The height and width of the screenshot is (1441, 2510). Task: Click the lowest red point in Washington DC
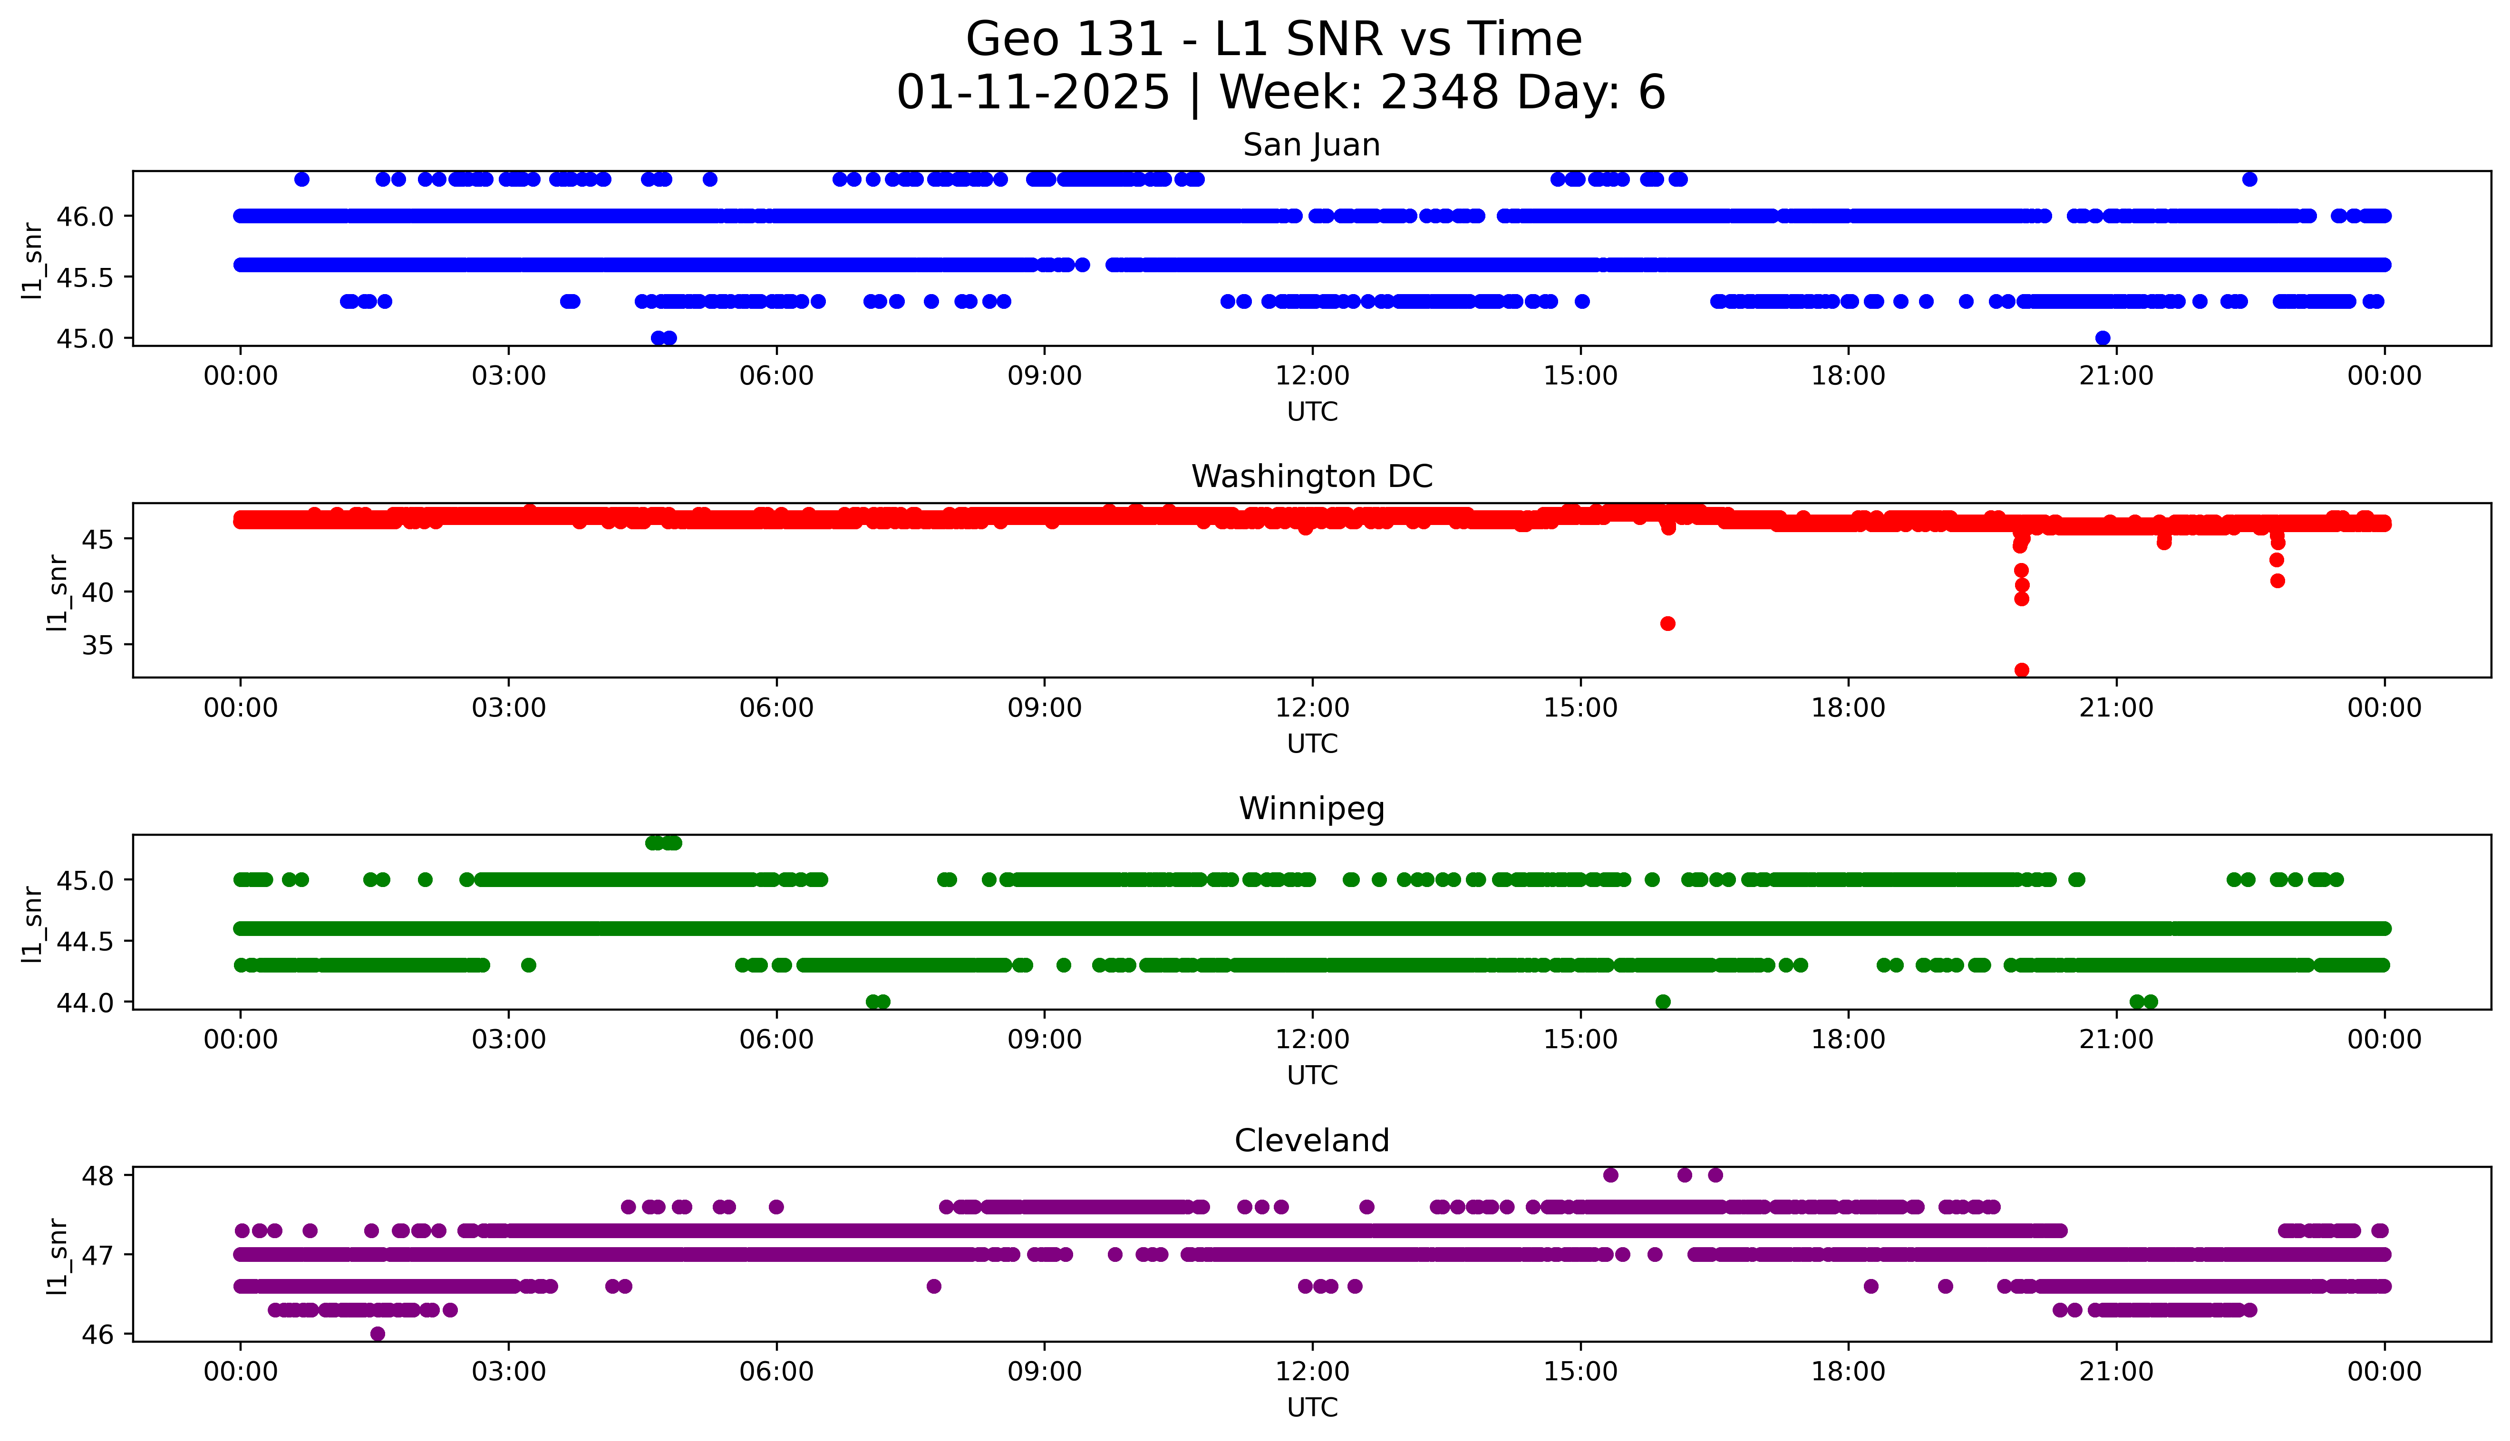pos(2022,670)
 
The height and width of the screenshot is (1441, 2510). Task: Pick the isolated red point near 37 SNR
pos(1667,623)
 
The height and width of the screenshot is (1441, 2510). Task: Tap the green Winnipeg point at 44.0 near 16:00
pos(1664,1002)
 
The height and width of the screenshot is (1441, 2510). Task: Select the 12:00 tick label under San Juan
pos(1312,376)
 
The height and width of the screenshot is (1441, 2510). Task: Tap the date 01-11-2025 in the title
pos(1033,93)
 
